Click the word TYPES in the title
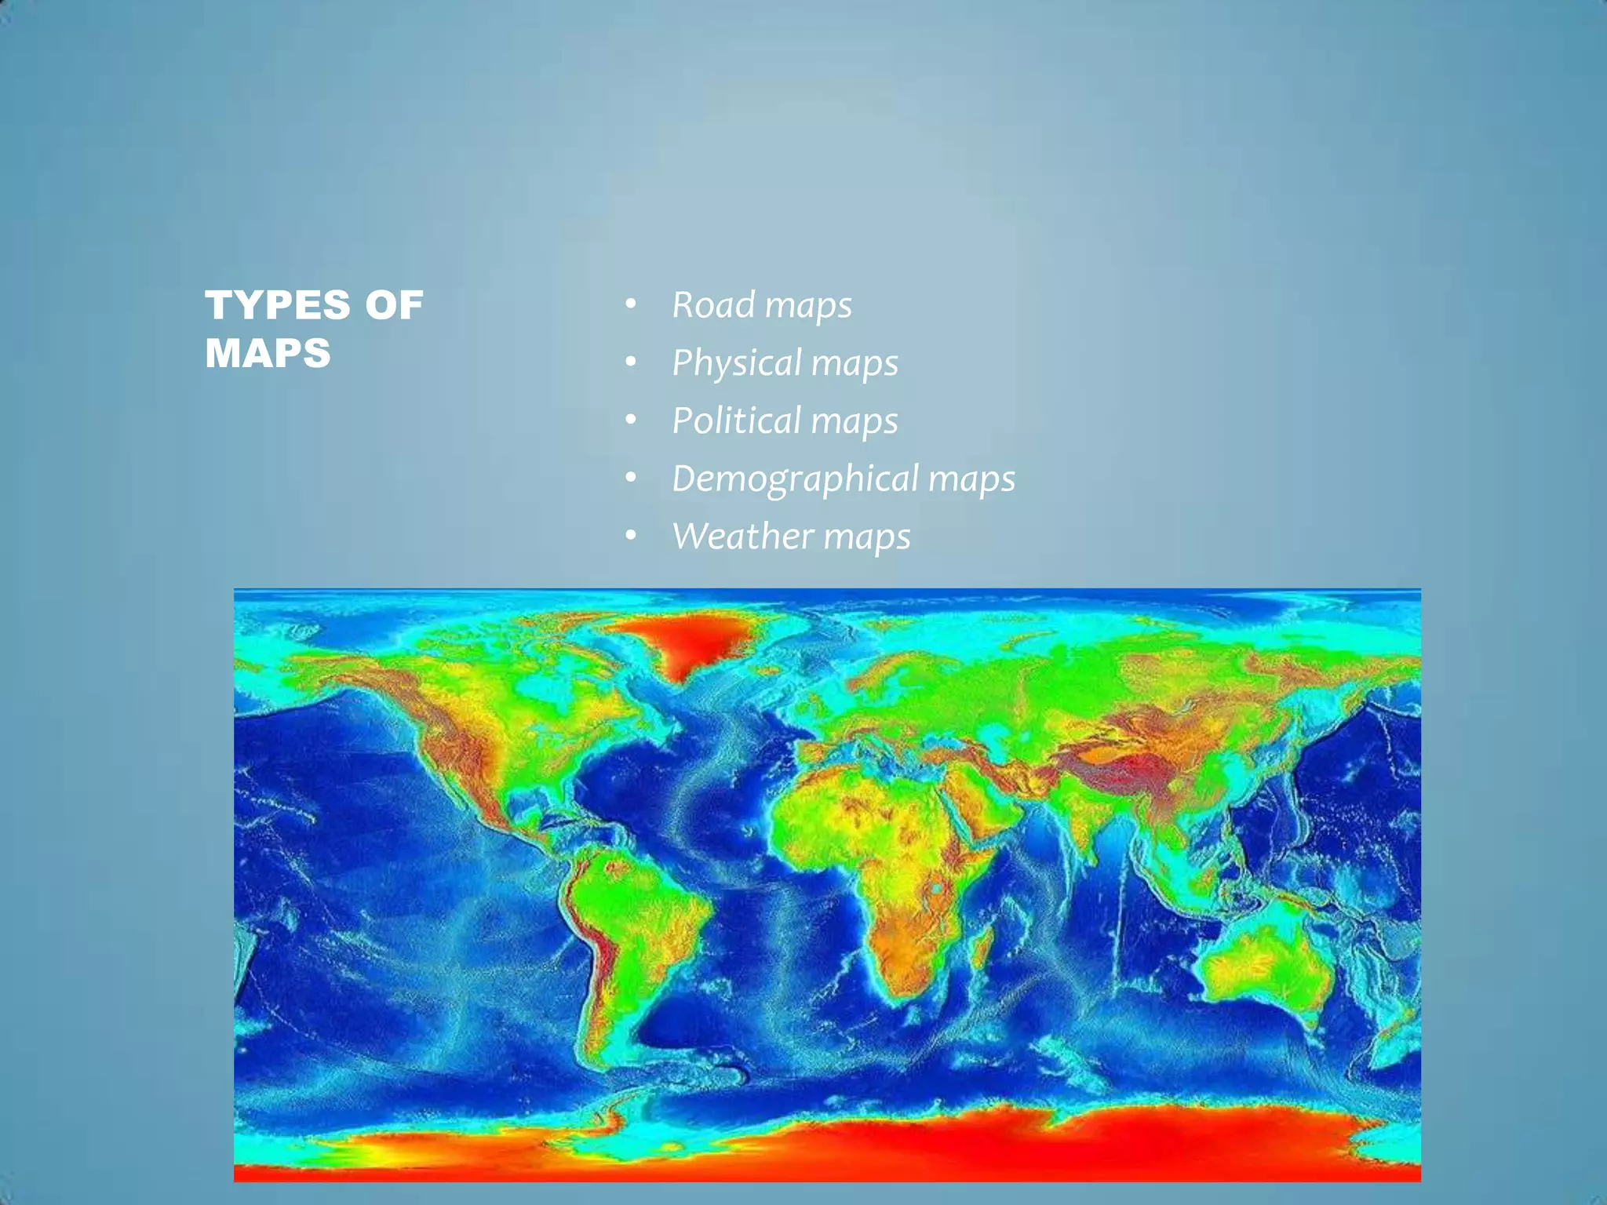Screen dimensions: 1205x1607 click(x=277, y=305)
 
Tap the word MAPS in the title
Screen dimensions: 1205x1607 click(x=268, y=353)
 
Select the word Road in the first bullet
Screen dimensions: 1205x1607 click(x=712, y=304)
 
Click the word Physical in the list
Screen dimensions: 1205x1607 click(x=736, y=363)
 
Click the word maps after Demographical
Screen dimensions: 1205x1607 click(x=971, y=479)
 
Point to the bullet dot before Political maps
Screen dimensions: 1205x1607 click(x=631, y=420)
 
